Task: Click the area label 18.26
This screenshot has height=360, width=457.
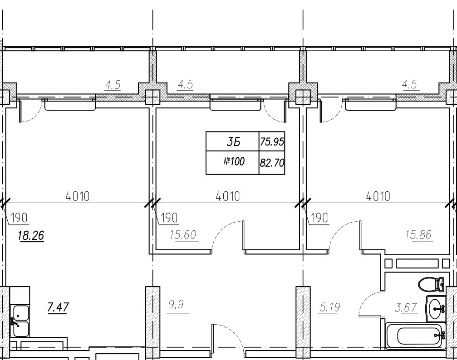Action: [31, 235]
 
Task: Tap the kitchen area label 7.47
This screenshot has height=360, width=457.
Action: [58, 307]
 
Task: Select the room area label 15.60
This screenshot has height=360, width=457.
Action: [183, 234]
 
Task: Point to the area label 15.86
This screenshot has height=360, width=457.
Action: [418, 234]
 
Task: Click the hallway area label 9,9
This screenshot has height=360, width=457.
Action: [176, 305]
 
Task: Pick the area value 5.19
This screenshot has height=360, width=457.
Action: [329, 307]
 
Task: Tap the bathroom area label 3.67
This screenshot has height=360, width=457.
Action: [406, 307]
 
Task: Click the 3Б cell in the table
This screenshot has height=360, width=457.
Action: [233, 142]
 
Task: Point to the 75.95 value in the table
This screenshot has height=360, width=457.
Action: [272, 142]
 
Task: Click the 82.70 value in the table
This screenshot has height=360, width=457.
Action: [272, 162]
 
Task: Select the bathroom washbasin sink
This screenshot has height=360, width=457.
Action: [436, 308]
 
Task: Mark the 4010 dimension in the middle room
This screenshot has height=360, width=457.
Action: [228, 197]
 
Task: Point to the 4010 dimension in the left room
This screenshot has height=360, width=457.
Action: [78, 197]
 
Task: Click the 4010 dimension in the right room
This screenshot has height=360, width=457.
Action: [378, 197]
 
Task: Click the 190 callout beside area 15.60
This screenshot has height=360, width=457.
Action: [169, 218]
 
